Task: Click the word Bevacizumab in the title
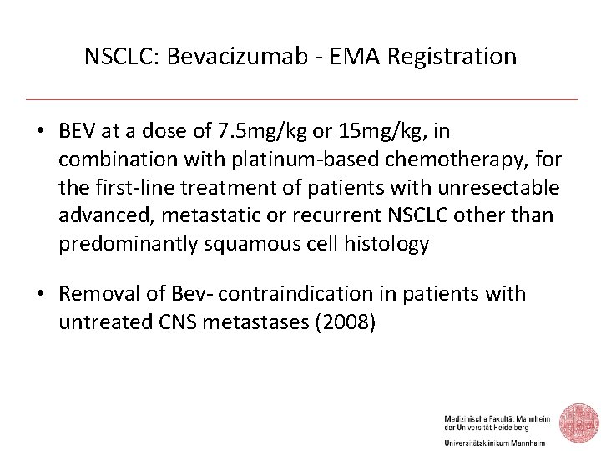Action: pos(215,57)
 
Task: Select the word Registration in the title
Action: pos(457,57)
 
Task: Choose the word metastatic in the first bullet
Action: pos(213,215)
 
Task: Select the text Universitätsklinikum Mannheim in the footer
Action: pos(494,443)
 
